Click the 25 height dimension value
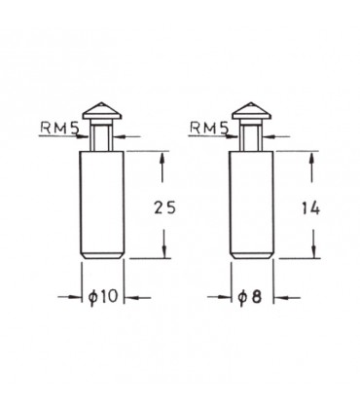click(x=164, y=207)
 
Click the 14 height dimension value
click(x=311, y=208)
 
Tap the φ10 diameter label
click(x=102, y=296)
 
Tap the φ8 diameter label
click(x=249, y=296)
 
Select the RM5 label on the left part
click(x=59, y=129)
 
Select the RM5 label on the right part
click(x=209, y=129)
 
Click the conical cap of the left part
click(x=102, y=111)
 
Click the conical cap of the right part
click(x=252, y=111)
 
